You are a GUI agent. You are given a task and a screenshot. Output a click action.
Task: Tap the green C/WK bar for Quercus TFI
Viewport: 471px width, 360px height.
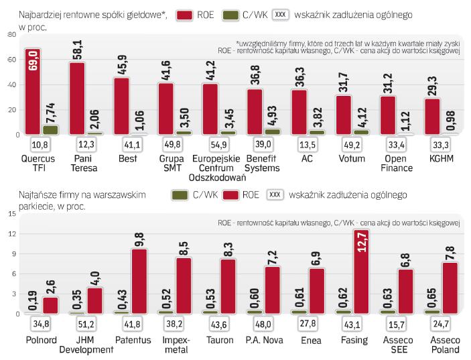(50, 130)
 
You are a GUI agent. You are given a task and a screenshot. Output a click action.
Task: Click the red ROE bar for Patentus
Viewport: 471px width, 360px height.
(139, 282)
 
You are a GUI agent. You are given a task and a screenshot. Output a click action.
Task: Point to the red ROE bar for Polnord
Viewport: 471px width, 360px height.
(50, 305)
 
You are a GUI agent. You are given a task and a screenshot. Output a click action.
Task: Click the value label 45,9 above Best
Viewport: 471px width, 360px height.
(122, 67)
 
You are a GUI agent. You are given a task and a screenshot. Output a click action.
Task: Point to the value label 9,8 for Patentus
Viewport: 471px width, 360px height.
(139, 239)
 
